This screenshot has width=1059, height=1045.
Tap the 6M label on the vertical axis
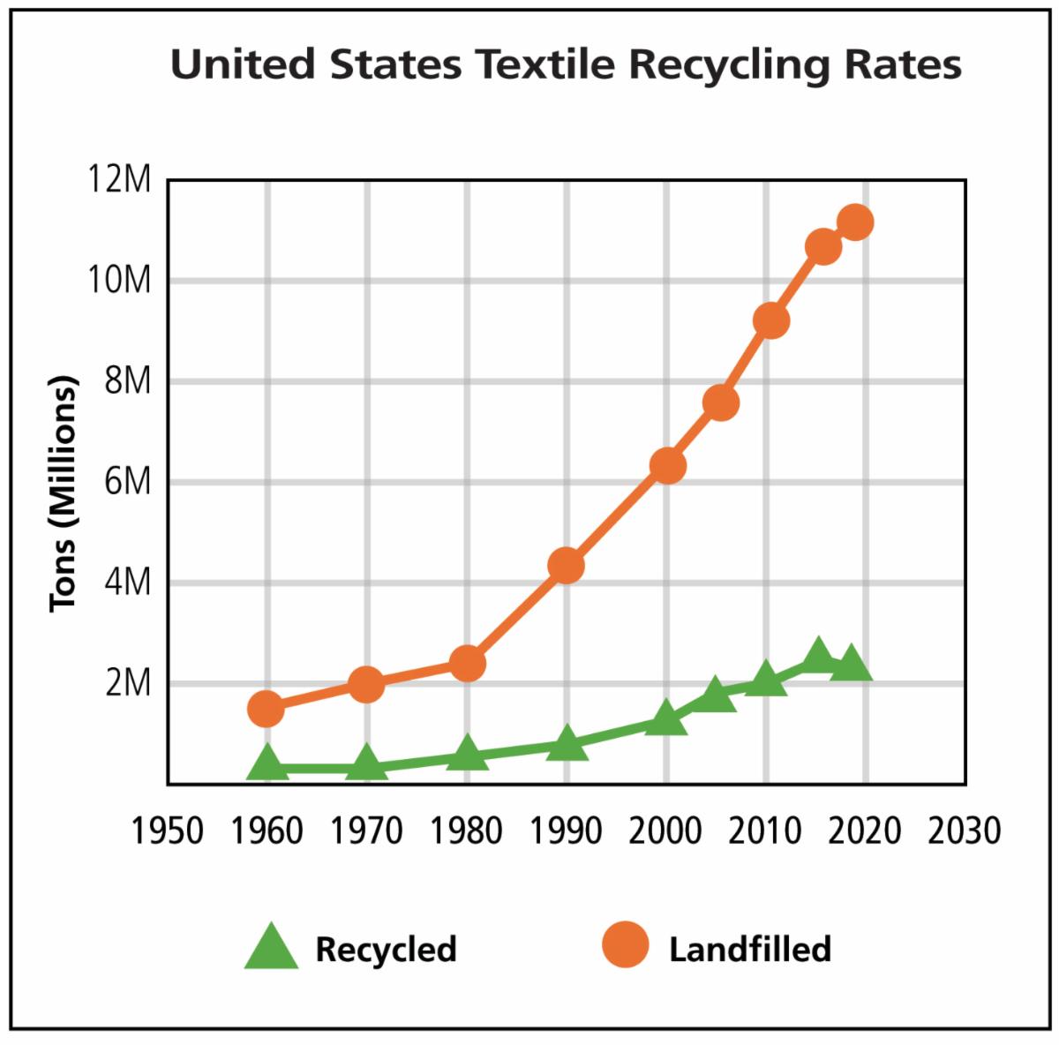[x=126, y=483]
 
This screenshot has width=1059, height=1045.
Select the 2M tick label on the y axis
[x=126, y=684]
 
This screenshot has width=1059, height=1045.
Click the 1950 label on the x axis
[x=167, y=831]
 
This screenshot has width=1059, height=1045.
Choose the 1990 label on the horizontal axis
[x=566, y=831]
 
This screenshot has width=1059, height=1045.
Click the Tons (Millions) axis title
[x=64, y=494]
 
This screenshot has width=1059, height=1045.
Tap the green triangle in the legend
[x=271, y=946]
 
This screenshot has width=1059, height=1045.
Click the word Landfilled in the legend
[x=750, y=949]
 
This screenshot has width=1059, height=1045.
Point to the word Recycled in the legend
[x=386, y=949]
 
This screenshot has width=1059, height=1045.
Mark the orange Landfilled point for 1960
[x=266, y=708]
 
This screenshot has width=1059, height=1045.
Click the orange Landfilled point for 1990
[x=566, y=565]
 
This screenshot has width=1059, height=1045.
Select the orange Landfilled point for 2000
[x=667, y=465]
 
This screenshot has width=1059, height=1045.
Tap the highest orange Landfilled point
[x=855, y=222]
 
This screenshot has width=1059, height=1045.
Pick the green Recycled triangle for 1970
[x=366, y=764]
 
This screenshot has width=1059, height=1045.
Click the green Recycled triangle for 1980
[x=467, y=754]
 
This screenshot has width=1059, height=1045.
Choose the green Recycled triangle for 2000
[x=666, y=718]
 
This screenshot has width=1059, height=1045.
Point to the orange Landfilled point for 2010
[x=770, y=320]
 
